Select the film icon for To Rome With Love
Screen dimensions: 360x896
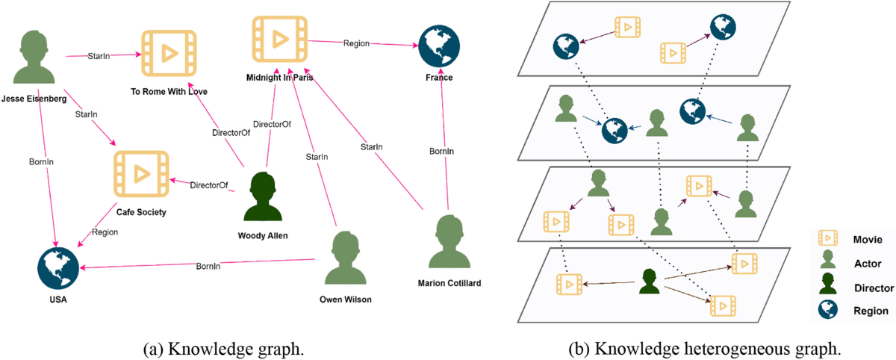coord(167,55)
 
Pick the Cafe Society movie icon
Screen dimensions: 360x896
coord(141,174)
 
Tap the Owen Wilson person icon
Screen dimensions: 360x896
coord(343,258)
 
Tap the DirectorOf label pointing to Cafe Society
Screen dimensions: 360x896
coord(208,184)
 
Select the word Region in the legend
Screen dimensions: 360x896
coord(871,311)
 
